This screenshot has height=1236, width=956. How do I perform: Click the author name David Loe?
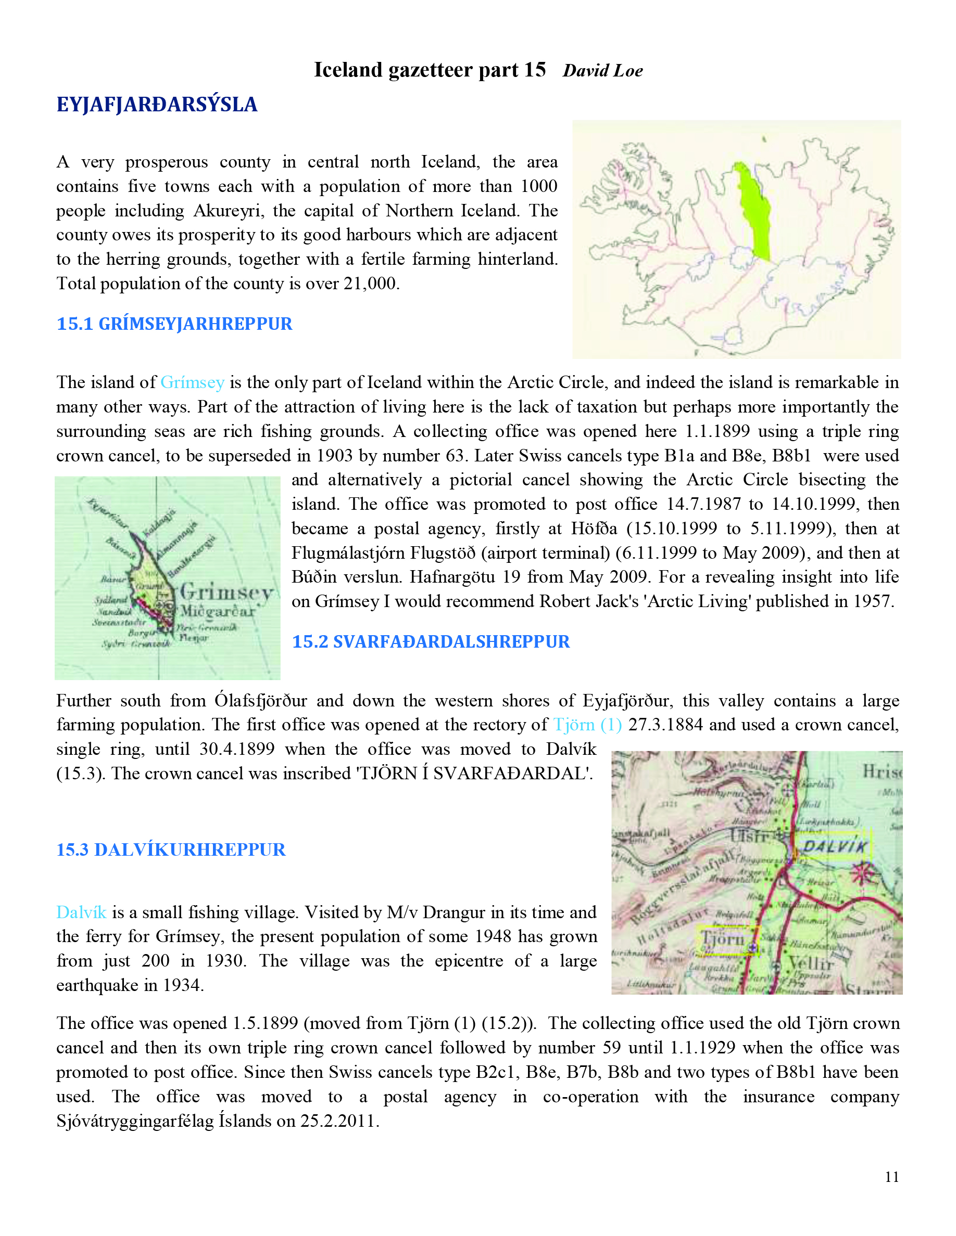(x=602, y=71)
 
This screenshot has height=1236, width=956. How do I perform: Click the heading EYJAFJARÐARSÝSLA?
(x=157, y=105)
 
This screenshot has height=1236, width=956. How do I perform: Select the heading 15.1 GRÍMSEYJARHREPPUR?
(x=174, y=324)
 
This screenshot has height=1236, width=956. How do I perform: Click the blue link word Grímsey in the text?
(x=193, y=382)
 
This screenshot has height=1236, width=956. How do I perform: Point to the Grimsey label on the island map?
(x=227, y=593)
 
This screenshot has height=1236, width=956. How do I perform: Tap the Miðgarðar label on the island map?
(x=218, y=611)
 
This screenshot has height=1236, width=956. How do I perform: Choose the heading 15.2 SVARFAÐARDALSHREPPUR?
(x=431, y=641)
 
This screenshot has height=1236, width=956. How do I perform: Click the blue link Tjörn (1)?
(x=587, y=725)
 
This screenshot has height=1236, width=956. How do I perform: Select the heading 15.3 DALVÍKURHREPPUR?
(x=171, y=849)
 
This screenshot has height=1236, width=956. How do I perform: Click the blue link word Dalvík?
(x=81, y=912)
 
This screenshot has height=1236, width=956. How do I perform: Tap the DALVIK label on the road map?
(x=835, y=847)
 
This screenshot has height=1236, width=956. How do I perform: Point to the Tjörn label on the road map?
(x=723, y=938)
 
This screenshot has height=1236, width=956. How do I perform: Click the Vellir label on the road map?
(x=811, y=963)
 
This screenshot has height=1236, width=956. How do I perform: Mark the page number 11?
(x=892, y=1177)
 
